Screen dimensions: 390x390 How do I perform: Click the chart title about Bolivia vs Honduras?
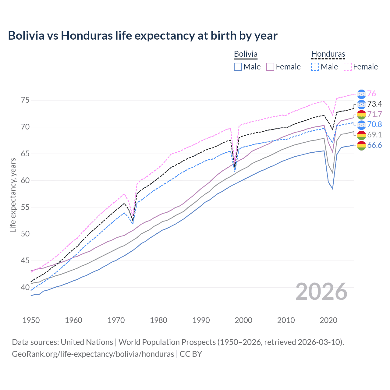(143, 36)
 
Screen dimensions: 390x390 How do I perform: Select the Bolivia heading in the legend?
(246, 54)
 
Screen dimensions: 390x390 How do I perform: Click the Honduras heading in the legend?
(328, 54)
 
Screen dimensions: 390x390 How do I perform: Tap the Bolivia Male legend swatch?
(238, 67)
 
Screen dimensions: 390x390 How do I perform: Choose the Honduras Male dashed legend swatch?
(315, 67)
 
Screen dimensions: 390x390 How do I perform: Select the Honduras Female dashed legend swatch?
(348, 67)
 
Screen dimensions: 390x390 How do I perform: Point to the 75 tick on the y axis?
(25, 100)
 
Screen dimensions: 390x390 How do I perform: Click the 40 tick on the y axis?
(25, 287)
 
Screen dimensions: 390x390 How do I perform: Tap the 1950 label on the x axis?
(31, 320)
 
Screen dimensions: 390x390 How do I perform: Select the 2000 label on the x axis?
(243, 320)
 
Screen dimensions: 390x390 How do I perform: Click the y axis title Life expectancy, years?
(13, 195)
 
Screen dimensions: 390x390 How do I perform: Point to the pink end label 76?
(371, 94)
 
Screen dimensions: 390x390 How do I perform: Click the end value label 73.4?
(374, 104)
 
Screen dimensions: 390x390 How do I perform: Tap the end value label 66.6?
(374, 145)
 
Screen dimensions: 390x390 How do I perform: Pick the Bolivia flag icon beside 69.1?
(361, 135)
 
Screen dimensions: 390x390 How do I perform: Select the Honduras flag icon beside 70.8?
(361, 125)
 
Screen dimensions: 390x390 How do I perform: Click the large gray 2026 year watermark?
(321, 292)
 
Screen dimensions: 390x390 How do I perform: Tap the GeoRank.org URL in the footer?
(93, 354)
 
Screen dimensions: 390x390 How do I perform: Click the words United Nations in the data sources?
(87, 342)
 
